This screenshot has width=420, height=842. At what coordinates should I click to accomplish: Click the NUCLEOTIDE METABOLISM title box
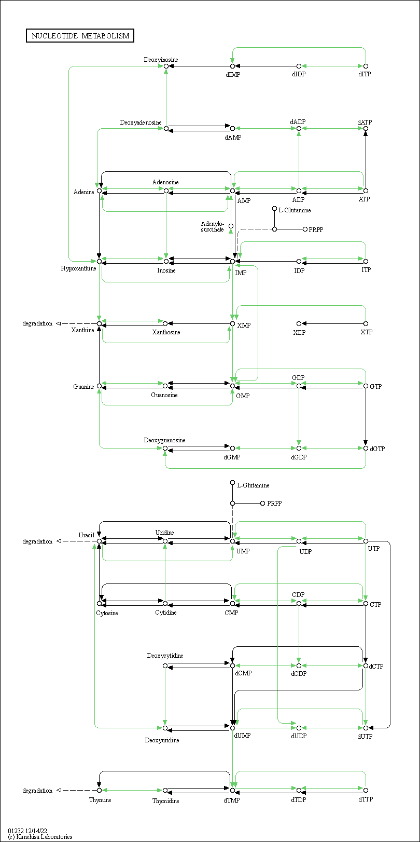80,36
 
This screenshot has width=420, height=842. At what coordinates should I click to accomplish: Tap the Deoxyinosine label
161,60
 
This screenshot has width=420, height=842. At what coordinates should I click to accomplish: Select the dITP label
365,74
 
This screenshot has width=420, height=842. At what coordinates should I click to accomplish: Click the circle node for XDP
299,323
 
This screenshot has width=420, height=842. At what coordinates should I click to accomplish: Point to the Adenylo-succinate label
213,227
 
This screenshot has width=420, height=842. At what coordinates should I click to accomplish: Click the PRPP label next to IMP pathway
316,229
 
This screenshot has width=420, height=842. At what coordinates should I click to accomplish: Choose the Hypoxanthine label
78,268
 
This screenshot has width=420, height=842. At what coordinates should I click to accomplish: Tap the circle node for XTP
366,323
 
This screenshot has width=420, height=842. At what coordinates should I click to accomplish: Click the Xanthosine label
166,332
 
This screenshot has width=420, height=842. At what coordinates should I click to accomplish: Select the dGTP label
377,449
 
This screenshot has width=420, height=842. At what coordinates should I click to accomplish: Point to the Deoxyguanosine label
164,440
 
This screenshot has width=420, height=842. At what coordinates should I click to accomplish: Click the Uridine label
164,533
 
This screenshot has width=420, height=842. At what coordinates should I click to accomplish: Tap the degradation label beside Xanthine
37,323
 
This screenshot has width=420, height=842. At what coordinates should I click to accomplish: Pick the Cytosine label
107,613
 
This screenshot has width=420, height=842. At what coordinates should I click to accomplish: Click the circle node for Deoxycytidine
165,666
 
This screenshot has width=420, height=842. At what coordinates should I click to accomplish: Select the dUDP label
299,736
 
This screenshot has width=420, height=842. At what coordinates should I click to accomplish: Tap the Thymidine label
165,801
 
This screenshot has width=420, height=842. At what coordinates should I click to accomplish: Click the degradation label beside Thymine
37,791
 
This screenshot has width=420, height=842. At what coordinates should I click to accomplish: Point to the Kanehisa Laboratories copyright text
40,837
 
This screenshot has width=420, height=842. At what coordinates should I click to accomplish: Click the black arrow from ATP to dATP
366,159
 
